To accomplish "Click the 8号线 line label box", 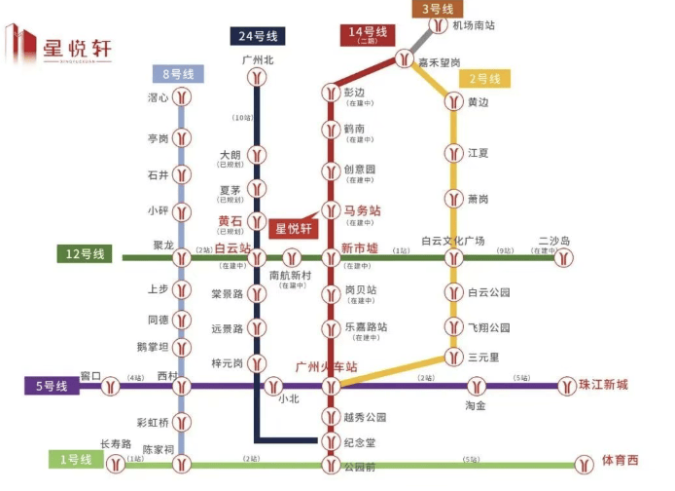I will pos(178,74).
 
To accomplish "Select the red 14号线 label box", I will pos(367,35).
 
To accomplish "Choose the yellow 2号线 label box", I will pos(484,79).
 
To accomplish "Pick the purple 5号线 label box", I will pos(52,387).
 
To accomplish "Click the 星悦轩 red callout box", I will pos(293,230).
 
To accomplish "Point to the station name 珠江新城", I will pos(603,385).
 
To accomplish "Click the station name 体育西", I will pos(621,460).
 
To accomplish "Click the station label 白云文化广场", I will pos(453,241).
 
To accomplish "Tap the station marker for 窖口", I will pos(113,387).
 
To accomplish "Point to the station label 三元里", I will pos(483,358).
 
